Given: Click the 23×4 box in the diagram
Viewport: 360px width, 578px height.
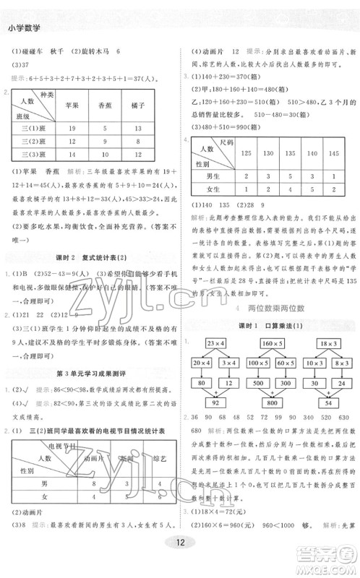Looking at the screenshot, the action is click(215, 340).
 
